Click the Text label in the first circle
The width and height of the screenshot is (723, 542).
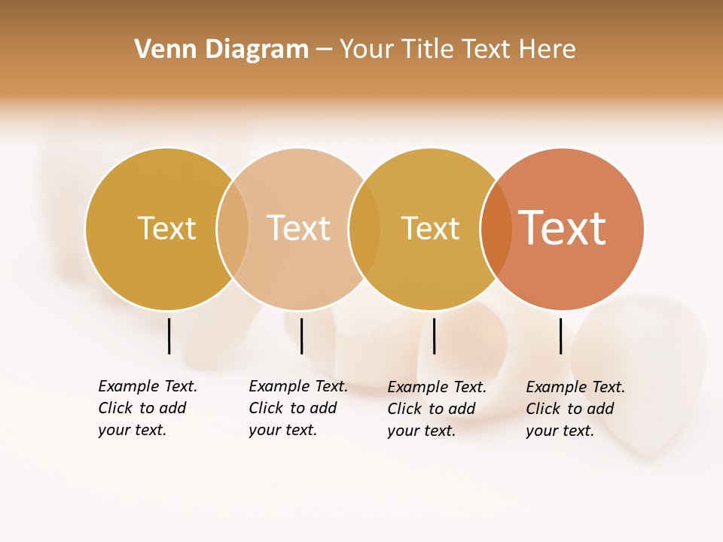(x=166, y=228)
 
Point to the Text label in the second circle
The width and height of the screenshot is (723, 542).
(x=298, y=228)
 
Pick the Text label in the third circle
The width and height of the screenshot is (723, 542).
(x=430, y=228)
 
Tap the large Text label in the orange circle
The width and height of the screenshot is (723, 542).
(x=562, y=228)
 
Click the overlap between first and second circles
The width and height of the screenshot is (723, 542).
(x=233, y=229)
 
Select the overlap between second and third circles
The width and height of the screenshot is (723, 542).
(x=365, y=229)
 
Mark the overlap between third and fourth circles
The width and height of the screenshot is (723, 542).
(x=496, y=229)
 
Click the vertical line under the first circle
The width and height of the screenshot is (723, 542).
(x=169, y=336)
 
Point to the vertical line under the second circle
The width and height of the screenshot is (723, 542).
(x=301, y=336)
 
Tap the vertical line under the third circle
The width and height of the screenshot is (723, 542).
(x=434, y=336)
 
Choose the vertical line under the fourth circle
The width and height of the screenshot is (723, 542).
(x=560, y=336)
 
